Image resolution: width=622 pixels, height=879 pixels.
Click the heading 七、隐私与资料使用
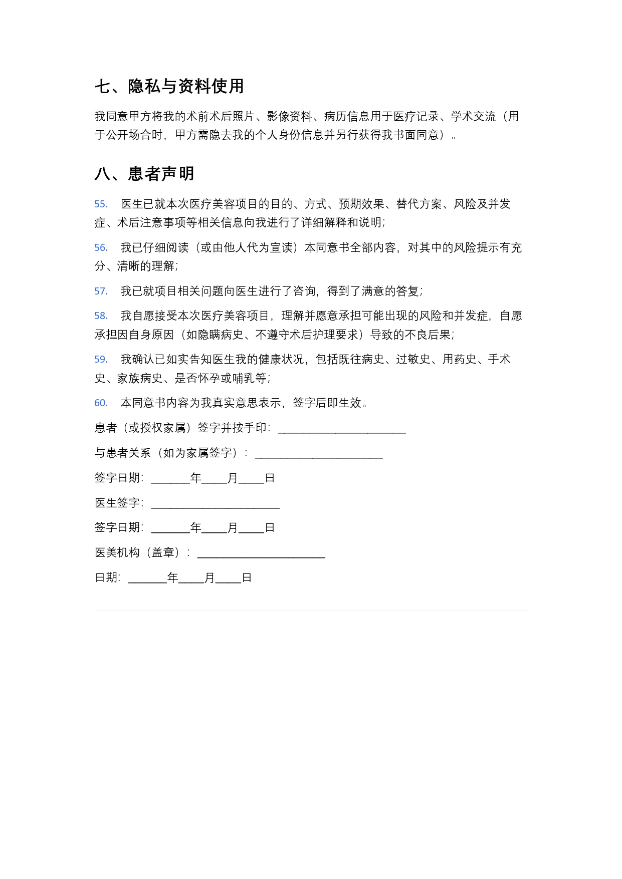169,86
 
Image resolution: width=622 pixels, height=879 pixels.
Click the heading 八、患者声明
144,174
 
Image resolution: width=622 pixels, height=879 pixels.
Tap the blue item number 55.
101,204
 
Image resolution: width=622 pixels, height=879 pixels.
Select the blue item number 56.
101,248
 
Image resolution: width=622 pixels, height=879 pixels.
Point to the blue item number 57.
101,291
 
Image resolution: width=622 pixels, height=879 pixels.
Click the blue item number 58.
101,316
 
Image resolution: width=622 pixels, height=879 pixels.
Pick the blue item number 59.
101,360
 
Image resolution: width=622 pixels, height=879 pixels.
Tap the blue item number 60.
101,403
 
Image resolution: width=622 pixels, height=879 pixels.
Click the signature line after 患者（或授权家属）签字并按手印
342,429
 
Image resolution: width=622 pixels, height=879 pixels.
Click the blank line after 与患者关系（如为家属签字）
319,454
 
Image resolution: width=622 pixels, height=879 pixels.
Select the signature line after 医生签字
215,504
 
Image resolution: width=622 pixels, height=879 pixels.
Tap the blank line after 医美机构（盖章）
261,554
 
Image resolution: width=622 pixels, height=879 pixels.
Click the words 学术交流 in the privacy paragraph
473,117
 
